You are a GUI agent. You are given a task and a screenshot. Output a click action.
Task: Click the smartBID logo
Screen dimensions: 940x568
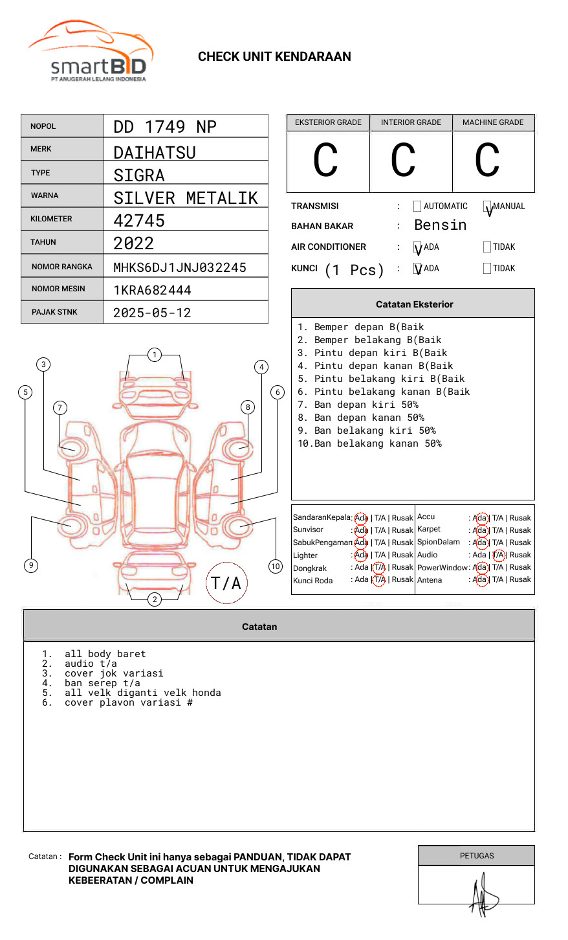91,52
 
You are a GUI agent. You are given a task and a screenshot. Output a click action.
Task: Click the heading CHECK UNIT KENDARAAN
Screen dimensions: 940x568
274,57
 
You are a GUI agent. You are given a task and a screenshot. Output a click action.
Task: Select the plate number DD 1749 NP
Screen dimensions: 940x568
165,127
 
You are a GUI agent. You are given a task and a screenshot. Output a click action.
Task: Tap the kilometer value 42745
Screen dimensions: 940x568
139,221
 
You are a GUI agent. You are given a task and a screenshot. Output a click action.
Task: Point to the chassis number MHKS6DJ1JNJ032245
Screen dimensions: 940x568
180,267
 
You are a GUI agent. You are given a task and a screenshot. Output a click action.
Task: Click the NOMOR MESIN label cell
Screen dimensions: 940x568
62,289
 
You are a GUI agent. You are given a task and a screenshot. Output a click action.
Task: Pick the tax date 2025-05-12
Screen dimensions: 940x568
152,313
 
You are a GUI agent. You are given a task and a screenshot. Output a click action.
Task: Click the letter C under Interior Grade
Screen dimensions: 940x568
403,161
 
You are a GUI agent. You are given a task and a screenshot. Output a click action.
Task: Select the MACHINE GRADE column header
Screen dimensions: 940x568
493,122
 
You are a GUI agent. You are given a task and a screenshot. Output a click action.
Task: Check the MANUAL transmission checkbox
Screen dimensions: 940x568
487,207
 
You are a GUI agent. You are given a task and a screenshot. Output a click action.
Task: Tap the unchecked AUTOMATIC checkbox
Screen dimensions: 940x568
417,207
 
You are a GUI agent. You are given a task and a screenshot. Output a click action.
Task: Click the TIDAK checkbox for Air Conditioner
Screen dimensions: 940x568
487,247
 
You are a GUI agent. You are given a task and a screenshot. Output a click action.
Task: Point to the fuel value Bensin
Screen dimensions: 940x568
440,225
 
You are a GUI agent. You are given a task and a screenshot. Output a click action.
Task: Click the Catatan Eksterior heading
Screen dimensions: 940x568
414,304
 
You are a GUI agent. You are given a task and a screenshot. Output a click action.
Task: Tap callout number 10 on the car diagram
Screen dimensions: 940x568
276,566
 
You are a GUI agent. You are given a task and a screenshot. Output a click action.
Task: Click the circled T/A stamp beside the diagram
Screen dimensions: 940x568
226,583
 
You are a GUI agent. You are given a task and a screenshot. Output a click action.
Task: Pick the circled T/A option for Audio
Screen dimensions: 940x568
498,555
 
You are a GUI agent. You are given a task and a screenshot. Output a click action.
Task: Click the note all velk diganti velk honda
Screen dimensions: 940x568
142,693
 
